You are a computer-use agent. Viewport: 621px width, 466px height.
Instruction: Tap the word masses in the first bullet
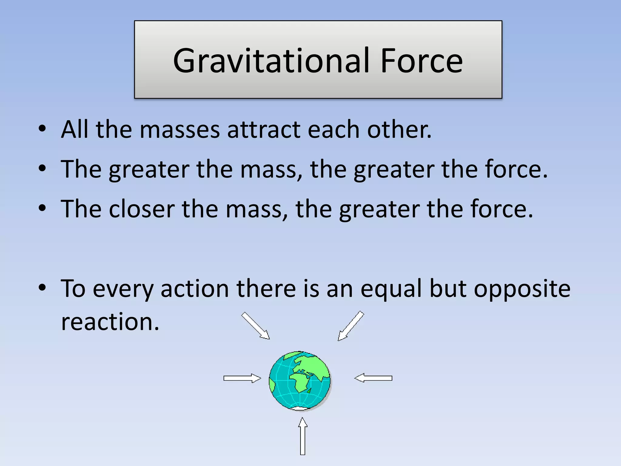pos(180,130)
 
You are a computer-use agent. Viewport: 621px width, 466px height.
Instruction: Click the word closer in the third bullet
pos(142,209)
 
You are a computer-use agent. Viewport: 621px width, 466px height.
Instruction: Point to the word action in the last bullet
pos(194,289)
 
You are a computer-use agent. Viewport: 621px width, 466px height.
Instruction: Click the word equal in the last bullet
pos(391,289)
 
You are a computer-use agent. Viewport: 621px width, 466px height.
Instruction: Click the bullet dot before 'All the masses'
pos(42,129)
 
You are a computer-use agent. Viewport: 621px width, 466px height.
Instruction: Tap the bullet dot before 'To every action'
pos(42,287)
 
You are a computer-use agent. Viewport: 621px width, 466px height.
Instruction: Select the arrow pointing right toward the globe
pos(242,378)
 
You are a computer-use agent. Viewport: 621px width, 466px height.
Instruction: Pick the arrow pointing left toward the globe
pos(374,378)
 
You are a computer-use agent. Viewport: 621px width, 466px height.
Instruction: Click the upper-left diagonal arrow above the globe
pos(255,326)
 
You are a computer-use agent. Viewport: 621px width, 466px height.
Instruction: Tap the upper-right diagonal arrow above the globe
pos(351,326)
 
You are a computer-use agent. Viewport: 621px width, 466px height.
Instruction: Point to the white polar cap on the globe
pos(299,408)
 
